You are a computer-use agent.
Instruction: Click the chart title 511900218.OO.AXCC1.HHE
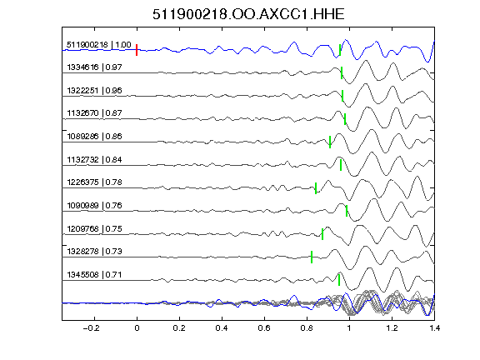pos(248,14)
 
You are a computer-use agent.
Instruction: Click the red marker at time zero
pos(137,50)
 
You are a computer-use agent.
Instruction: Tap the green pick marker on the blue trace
pos(340,50)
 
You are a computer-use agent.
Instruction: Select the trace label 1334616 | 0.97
pos(95,67)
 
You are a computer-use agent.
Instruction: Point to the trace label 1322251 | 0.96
pos(95,90)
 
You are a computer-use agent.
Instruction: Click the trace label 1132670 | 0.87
pos(95,113)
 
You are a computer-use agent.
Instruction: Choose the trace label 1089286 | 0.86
pos(95,136)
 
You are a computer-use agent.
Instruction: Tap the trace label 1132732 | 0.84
pos(95,159)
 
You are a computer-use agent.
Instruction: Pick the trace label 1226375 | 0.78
pos(95,182)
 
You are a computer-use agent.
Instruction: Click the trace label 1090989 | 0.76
pos(95,205)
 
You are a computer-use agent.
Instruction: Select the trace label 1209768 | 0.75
pos(95,228)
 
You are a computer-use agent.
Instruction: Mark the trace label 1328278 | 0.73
pos(95,252)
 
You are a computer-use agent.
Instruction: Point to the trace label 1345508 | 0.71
pos(95,275)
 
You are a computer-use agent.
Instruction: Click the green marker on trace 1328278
pos(312,257)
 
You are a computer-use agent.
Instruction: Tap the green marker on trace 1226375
pos(316,188)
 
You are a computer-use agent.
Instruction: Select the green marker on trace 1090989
pos(347,211)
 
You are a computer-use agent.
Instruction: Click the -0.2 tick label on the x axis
pos(91,328)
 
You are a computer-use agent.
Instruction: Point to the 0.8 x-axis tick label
pos(307,328)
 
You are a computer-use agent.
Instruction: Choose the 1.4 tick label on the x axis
pos(434,328)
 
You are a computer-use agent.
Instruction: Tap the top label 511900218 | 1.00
pos(99,45)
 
